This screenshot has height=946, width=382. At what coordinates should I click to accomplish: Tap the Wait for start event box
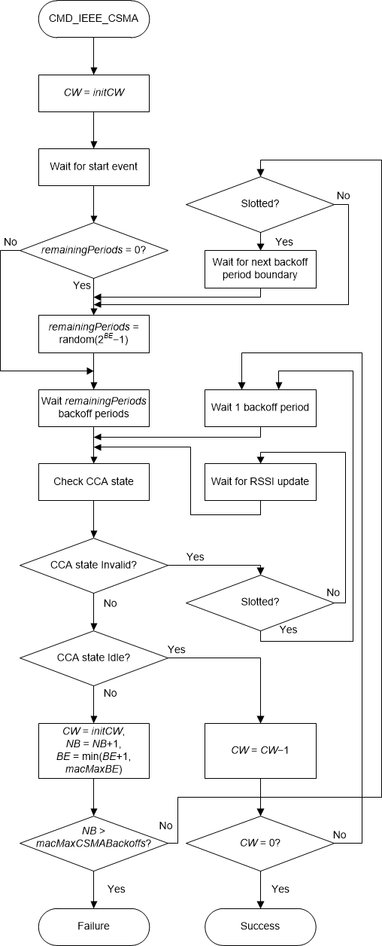tap(94, 166)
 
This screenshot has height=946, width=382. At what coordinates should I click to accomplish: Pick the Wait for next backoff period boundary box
tap(260, 267)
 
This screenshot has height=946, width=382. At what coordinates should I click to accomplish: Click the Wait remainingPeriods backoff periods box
tap(94, 407)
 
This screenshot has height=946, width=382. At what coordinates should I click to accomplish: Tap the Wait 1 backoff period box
tap(260, 407)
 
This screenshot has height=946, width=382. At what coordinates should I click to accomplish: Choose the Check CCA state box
tap(94, 481)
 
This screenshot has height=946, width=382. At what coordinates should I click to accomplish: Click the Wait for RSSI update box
tap(260, 481)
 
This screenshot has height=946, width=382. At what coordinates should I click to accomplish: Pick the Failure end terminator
tap(94, 926)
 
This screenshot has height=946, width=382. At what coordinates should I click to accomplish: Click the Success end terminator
tap(260, 926)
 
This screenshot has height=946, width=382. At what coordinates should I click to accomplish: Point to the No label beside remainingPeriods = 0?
tap(11, 242)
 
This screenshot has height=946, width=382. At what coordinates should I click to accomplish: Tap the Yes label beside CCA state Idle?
tap(177, 648)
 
